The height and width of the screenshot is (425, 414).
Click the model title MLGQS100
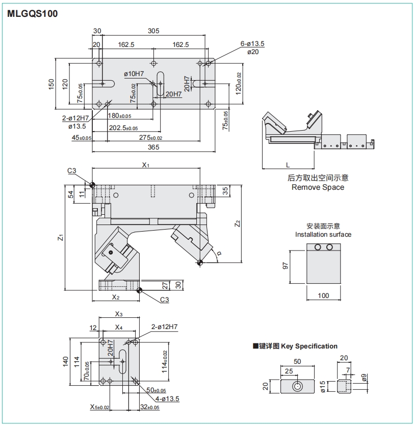click(33, 14)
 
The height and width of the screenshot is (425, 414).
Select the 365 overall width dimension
click(153, 147)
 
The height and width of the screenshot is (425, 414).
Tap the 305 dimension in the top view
click(153, 31)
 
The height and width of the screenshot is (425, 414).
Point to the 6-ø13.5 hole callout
click(252, 44)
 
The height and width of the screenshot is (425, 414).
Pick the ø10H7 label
click(134, 74)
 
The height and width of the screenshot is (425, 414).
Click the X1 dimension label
click(145, 165)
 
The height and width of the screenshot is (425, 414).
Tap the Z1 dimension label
click(60, 237)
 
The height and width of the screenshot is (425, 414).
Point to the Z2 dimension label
click(237, 223)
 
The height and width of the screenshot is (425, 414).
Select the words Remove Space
click(318, 187)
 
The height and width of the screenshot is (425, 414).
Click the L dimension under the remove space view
click(288, 165)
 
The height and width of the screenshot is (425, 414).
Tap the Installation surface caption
click(323, 234)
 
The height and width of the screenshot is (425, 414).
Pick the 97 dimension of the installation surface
click(286, 265)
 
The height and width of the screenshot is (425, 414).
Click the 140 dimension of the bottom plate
click(65, 361)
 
